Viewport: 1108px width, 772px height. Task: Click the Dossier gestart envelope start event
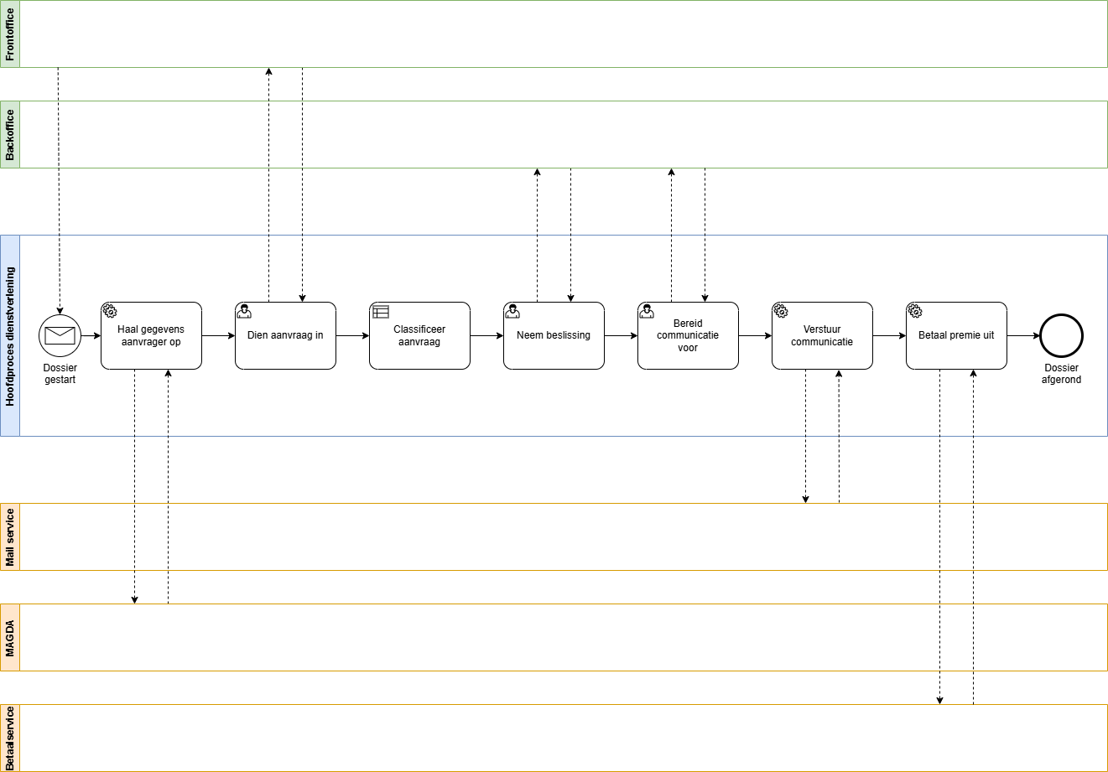click(x=60, y=336)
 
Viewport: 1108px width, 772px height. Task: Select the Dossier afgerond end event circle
click(x=1061, y=336)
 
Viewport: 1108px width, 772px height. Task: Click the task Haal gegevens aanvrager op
click(x=151, y=336)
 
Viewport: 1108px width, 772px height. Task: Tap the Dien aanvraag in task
click(x=285, y=336)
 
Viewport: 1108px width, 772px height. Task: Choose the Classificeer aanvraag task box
click(x=419, y=336)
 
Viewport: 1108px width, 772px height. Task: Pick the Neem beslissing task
click(x=554, y=336)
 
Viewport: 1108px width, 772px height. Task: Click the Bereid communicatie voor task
click(x=688, y=336)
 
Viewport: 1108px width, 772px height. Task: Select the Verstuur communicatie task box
click(x=822, y=336)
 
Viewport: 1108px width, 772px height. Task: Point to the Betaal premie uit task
click(x=956, y=336)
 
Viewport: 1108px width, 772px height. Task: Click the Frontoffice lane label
click(x=10, y=34)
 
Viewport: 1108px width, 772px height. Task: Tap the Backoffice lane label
click(x=10, y=135)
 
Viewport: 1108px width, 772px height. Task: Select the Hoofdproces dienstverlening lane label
click(x=10, y=336)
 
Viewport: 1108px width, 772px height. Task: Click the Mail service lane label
click(x=10, y=537)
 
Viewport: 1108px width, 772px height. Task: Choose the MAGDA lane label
click(x=10, y=638)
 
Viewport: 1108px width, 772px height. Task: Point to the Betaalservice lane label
click(x=10, y=738)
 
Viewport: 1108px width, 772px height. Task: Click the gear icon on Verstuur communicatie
click(x=781, y=312)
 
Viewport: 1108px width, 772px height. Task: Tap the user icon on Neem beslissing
click(x=512, y=312)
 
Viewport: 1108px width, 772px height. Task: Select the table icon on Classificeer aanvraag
click(x=381, y=312)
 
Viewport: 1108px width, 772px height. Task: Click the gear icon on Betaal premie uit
click(x=915, y=312)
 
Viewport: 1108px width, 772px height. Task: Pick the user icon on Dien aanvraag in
click(x=244, y=312)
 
